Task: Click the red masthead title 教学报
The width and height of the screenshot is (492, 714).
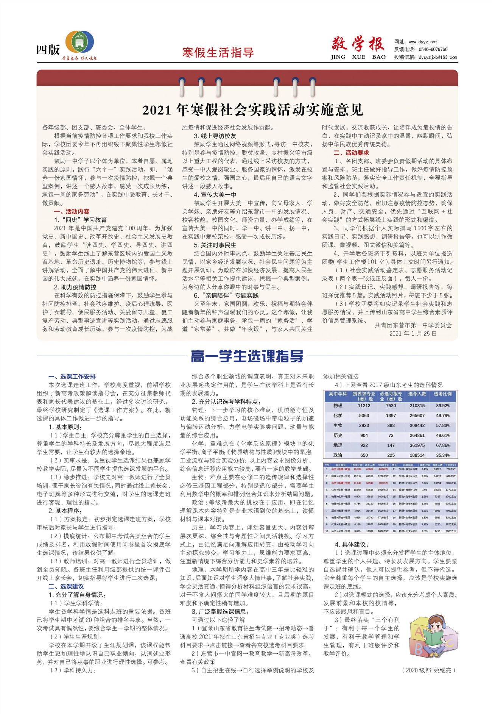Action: point(358,44)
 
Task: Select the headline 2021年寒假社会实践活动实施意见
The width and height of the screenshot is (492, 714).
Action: point(253,110)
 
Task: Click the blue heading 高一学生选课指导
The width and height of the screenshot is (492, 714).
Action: point(247,356)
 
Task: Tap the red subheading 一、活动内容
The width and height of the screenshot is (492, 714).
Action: point(72,211)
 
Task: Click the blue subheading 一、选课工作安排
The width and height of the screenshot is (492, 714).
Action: point(72,377)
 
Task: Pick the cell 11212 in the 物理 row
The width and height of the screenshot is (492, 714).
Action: point(364,406)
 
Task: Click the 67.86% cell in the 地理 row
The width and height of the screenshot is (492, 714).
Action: point(442,445)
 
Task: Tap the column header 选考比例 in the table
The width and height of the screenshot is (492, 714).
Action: point(442,394)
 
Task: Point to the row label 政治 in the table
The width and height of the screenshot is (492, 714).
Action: point(337,455)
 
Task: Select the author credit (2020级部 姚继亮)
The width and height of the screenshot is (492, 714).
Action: point(428,670)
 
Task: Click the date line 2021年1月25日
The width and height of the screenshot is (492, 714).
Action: point(413,333)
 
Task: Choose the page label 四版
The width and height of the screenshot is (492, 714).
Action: point(48,50)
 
